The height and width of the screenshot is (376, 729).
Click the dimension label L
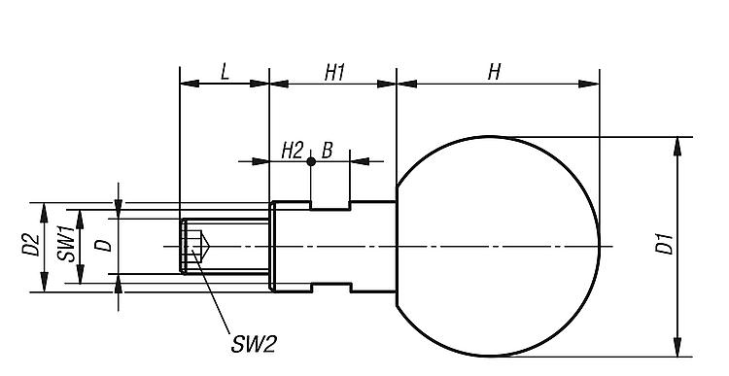tap(226, 72)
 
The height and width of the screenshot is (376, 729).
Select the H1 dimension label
tap(334, 73)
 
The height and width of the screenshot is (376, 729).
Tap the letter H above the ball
tap(494, 72)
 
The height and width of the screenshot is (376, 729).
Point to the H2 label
tap(293, 151)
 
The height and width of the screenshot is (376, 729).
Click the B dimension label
tap(328, 151)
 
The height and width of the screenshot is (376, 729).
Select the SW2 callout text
tap(254, 344)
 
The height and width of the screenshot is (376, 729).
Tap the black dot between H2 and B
tap(311, 161)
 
